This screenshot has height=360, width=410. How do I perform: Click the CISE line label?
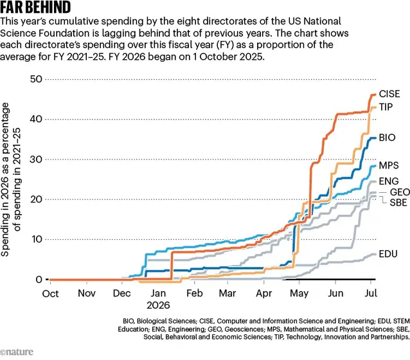click(389, 94)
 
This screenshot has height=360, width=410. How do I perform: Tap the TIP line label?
click(386, 107)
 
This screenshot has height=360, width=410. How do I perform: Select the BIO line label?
click(387, 138)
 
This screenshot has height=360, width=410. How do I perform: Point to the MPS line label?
click(389, 165)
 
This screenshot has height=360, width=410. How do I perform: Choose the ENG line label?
click(389, 181)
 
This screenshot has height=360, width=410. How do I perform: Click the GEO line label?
click(400, 192)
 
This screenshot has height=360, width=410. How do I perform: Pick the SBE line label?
click(398, 203)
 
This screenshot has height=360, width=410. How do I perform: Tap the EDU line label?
click(388, 254)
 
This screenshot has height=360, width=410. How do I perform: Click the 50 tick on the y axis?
click(36, 79)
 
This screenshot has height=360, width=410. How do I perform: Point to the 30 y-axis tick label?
click(36, 159)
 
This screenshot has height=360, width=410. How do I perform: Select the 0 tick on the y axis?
click(39, 280)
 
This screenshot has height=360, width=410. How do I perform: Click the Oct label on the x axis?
click(51, 294)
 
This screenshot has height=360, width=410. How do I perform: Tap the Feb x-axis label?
click(195, 293)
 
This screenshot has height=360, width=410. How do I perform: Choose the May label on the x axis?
click(299, 294)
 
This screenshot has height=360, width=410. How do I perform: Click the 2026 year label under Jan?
click(158, 305)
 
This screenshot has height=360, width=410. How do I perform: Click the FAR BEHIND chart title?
click(35, 7)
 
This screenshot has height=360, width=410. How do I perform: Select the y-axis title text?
click(11, 179)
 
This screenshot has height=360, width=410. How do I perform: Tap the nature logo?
click(17, 352)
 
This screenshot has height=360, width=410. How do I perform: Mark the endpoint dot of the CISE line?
click(375, 94)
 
